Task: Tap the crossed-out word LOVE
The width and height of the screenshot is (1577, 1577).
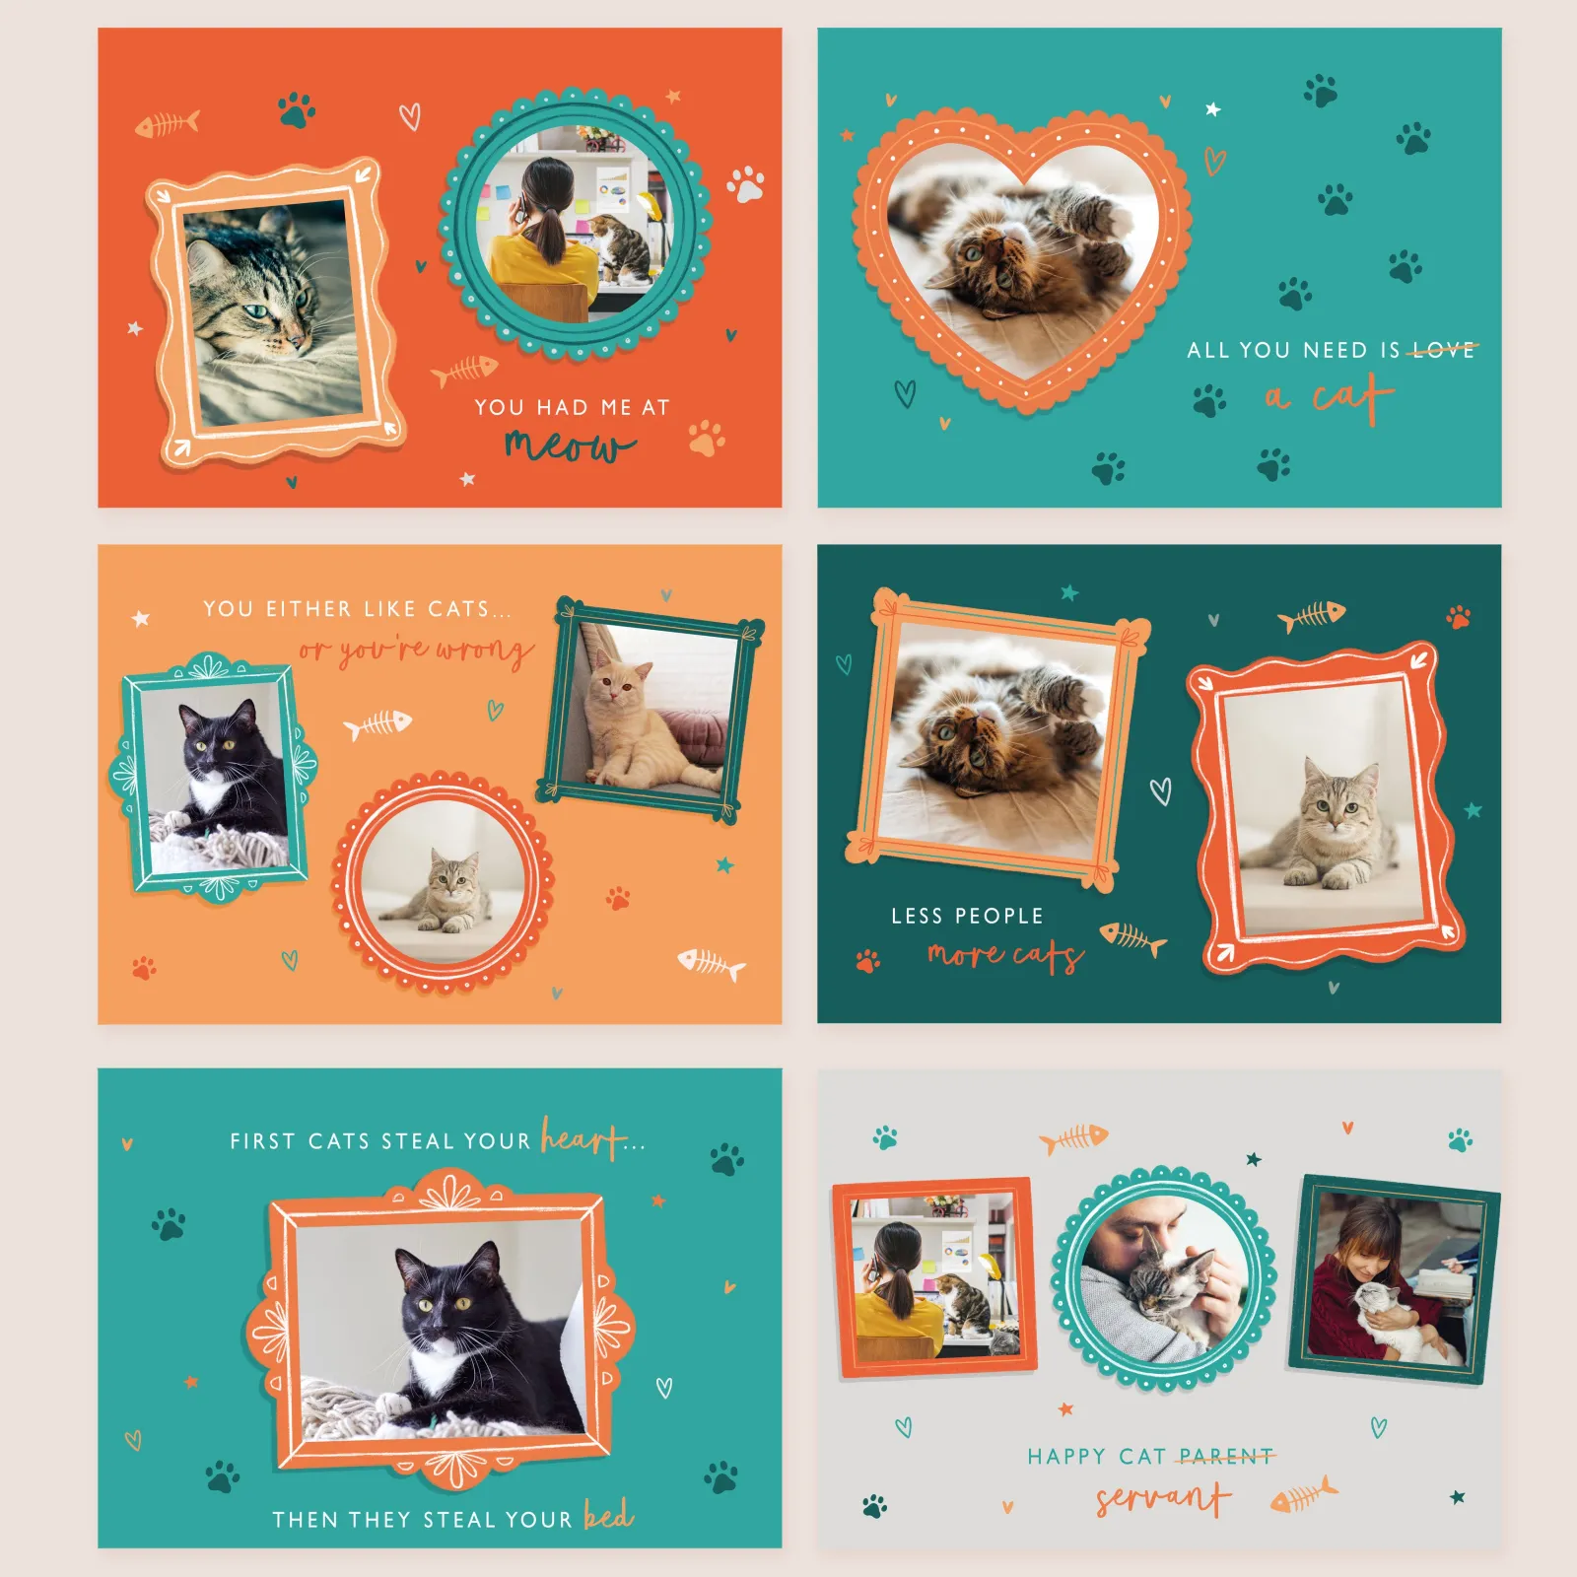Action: coord(1443,350)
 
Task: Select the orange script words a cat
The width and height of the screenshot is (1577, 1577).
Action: coord(1330,396)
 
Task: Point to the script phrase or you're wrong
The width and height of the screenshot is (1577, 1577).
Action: coord(416,651)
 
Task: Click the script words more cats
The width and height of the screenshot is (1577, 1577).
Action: coord(1005,954)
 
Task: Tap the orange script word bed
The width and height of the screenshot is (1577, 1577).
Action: coord(608,1514)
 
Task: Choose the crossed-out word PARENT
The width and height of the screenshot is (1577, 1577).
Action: coord(1225,1456)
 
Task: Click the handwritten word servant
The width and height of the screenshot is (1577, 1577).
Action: coord(1164,1498)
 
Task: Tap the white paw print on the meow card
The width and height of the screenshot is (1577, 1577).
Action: coord(746,184)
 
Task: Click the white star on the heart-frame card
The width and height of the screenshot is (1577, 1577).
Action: coord(1212,109)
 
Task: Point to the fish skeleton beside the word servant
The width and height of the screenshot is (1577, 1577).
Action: coord(1303,1496)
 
